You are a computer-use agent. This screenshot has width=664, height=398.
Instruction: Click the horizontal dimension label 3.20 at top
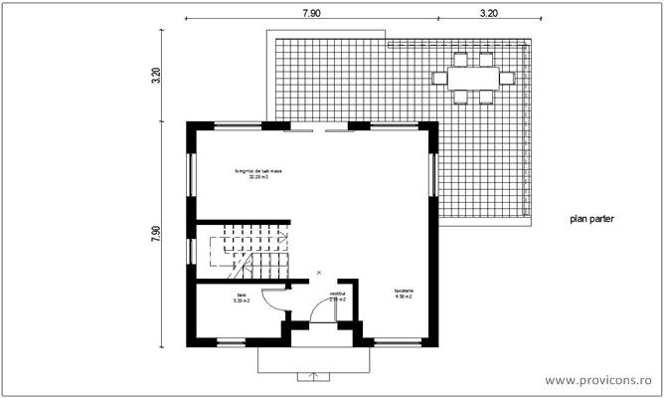pyautogui.click(x=488, y=13)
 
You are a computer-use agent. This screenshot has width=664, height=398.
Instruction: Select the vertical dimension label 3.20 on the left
pyautogui.click(x=157, y=76)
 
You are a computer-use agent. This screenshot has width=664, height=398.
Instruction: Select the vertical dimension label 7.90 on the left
pyautogui.click(x=157, y=234)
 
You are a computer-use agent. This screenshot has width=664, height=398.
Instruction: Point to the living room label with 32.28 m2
pyautogui.click(x=259, y=174)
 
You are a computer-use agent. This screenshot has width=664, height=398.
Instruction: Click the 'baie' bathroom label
pyautogui.click(x=240, y=297)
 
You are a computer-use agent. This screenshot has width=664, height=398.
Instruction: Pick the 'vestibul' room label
pyautogui.click(x=338, y=296)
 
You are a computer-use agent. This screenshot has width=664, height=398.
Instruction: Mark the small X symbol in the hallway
pyautogui.click(x=318, y=272)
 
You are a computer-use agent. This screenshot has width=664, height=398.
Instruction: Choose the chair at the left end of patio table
pyautogui.click(x=438, y=77)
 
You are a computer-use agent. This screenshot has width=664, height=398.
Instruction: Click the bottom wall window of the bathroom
pyautogui.click(x=232, y=343)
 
